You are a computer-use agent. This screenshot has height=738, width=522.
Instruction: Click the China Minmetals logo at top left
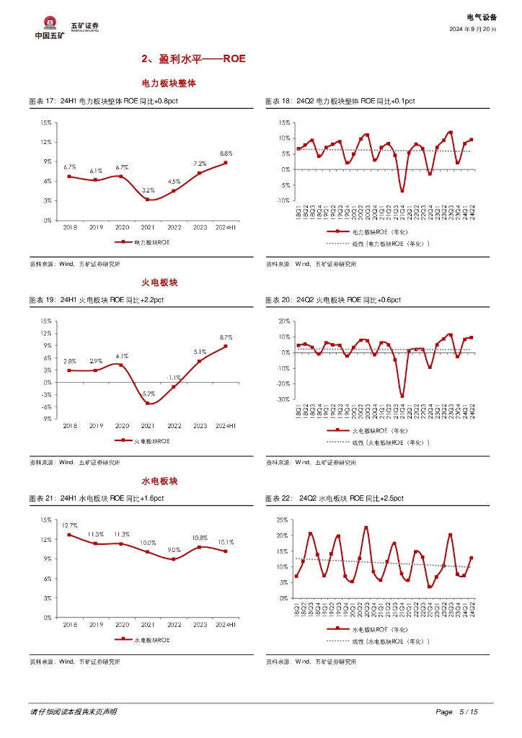coord(50,28)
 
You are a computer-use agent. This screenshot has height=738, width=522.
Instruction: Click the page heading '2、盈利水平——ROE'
coord(193,58)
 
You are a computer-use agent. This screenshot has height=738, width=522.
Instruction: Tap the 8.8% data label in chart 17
coord(226,154)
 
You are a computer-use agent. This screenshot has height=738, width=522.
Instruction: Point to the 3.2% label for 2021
coord(149,190)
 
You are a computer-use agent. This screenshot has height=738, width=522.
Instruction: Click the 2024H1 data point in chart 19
coord(226,346)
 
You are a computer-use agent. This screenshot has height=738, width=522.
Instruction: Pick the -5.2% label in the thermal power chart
coord(149,394)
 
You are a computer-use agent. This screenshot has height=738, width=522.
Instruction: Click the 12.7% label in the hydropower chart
coord(70,525)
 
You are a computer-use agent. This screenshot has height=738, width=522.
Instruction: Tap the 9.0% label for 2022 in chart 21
coord(174,550)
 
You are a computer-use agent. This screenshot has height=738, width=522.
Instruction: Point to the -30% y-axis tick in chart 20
coord(282,399)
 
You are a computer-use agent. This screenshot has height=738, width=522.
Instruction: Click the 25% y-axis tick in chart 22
coord(282,520)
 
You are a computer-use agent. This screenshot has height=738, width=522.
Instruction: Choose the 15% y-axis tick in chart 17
coord(45,123)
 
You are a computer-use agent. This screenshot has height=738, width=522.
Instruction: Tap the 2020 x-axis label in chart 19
coord(122,427)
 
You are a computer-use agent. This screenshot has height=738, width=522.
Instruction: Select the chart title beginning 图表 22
coord(335,498)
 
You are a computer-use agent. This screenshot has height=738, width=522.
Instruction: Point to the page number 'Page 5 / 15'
coord(457,712)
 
